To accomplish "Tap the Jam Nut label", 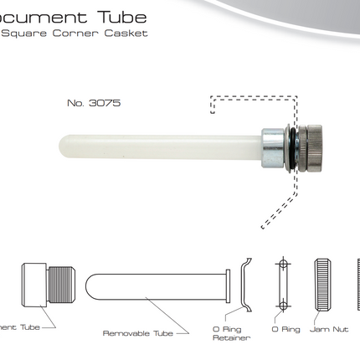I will (x=329, y=330).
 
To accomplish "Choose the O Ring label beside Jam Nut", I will (x=285, y=330).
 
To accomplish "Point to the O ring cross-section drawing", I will (x=283, y=285).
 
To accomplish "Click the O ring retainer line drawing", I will (x=245, y=285).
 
